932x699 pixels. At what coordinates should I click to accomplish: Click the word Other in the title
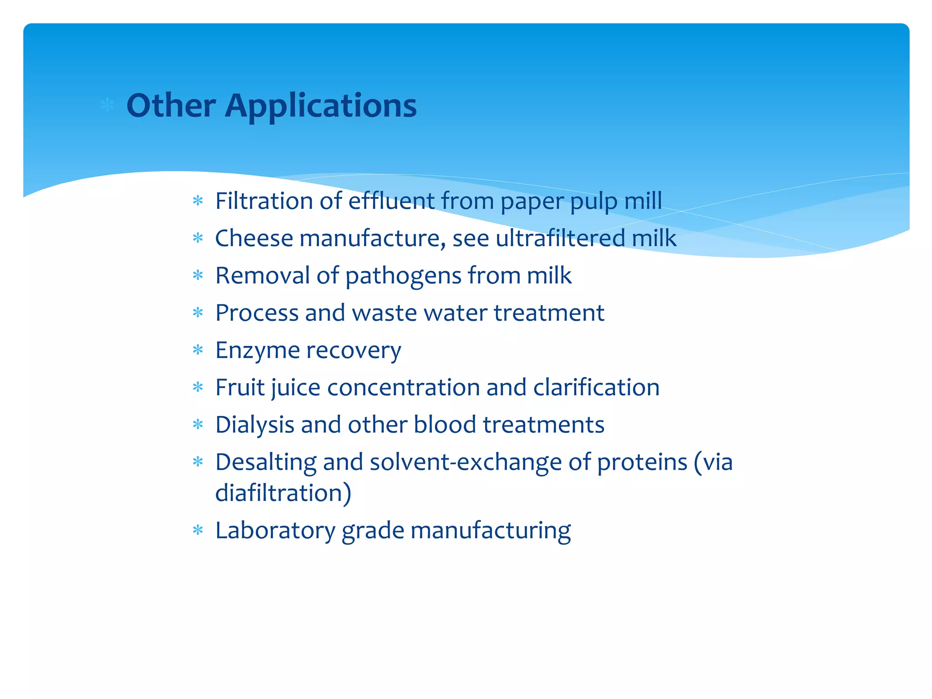(171, 106)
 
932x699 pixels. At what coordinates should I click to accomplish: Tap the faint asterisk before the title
(107, 105)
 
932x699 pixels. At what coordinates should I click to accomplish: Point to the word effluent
(391, 201)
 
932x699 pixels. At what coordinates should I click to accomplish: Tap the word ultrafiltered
(560, 238)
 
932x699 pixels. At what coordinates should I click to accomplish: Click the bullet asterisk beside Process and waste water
(198, 313)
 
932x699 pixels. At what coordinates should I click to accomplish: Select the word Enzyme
(258, 351)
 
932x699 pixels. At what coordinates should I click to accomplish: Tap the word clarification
(596, 387)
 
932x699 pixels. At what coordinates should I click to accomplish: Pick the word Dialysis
(254, 425)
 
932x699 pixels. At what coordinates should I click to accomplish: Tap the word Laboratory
(275, 531)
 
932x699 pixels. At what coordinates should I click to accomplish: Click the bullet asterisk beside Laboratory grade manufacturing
(198, 530)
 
